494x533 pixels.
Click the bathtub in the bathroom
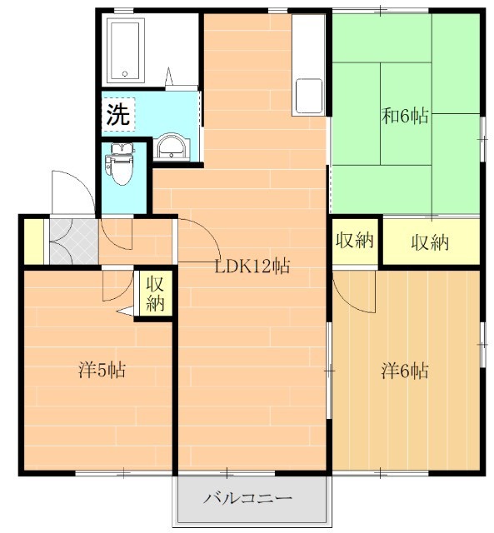125,50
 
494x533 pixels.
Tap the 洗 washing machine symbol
118,114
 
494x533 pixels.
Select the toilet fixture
119,164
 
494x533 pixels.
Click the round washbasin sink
171,147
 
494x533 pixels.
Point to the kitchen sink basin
309,96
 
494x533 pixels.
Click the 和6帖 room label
405,116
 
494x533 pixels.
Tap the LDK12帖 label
252,266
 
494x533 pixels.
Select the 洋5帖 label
102,370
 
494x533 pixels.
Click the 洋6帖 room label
405,371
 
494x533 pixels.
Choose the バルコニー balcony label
248,499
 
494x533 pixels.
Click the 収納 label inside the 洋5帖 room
155,293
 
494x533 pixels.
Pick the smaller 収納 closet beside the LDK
355,241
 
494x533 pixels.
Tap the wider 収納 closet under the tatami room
431,242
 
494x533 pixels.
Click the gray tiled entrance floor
74,242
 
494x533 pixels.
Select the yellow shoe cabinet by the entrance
34,242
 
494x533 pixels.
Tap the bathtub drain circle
125,74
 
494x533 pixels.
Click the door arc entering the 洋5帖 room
125,292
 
